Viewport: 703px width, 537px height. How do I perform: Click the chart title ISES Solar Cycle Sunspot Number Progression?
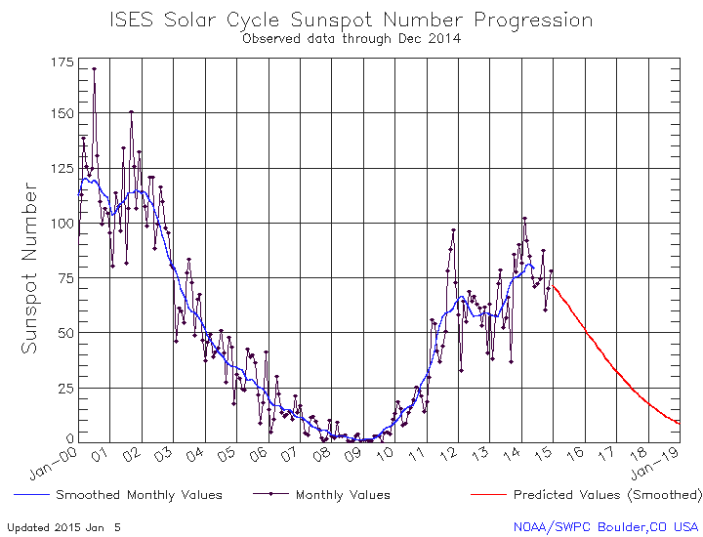click(351, 20)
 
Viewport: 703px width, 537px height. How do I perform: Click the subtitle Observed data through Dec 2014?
click(351, 39)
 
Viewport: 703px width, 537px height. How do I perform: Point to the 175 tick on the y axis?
click(62, 62)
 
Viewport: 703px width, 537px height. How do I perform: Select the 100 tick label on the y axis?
click(62, 223)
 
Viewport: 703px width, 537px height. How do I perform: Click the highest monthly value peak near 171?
click(94, 69)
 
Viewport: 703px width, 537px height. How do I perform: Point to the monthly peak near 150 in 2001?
click(131, 112)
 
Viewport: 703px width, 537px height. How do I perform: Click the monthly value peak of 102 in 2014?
click(524, 219)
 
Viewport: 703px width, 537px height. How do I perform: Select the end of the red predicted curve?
click(679, 423)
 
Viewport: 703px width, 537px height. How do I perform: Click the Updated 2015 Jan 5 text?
click(64, 526)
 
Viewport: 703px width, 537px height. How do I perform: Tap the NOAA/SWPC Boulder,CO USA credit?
click(606, 526)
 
